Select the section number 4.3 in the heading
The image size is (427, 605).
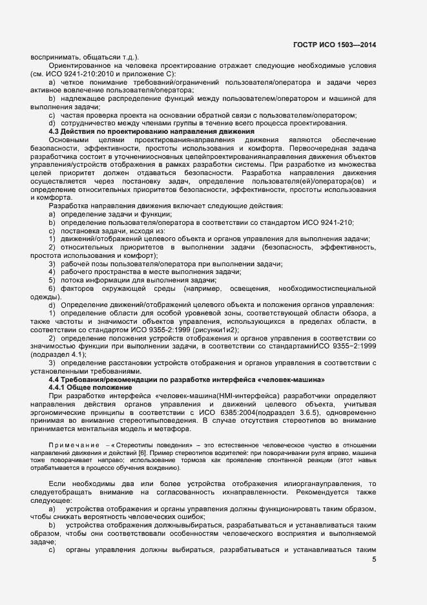pos(56,132)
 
